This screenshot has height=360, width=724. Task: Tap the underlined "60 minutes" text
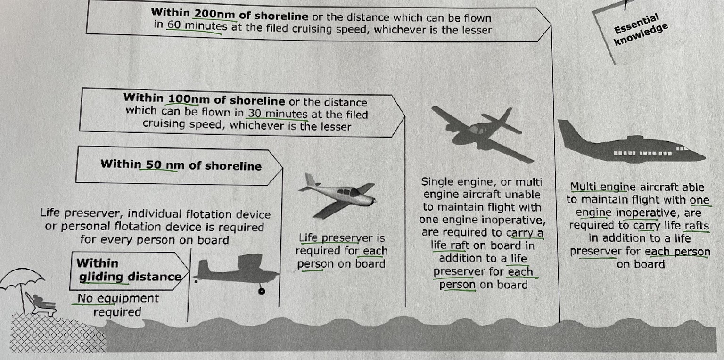pos(197,26)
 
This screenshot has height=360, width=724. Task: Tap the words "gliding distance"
pos(130,277)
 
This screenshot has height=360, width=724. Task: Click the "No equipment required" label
pos(117,305)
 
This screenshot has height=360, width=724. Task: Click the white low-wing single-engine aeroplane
pos(339,196)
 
